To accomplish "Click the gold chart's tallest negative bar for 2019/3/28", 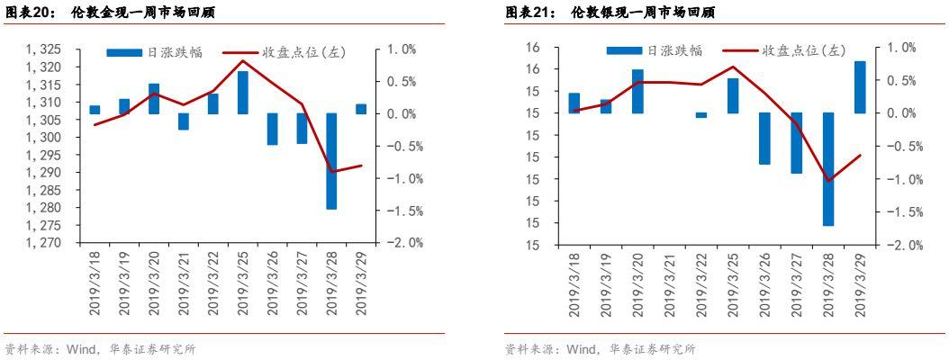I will (332, 161).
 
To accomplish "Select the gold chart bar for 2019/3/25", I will (243, 93).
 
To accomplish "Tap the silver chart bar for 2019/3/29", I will (860, 87).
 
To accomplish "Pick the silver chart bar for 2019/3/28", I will (827, 169).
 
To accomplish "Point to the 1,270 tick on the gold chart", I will (45, 243).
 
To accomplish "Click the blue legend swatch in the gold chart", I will (124, 53).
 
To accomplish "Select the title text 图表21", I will (532, 13).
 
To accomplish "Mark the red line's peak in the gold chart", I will (243, 61).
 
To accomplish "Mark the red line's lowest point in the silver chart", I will (827, 180).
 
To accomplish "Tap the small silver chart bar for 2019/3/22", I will (701, 115).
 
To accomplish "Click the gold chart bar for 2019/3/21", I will (184, 121).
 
